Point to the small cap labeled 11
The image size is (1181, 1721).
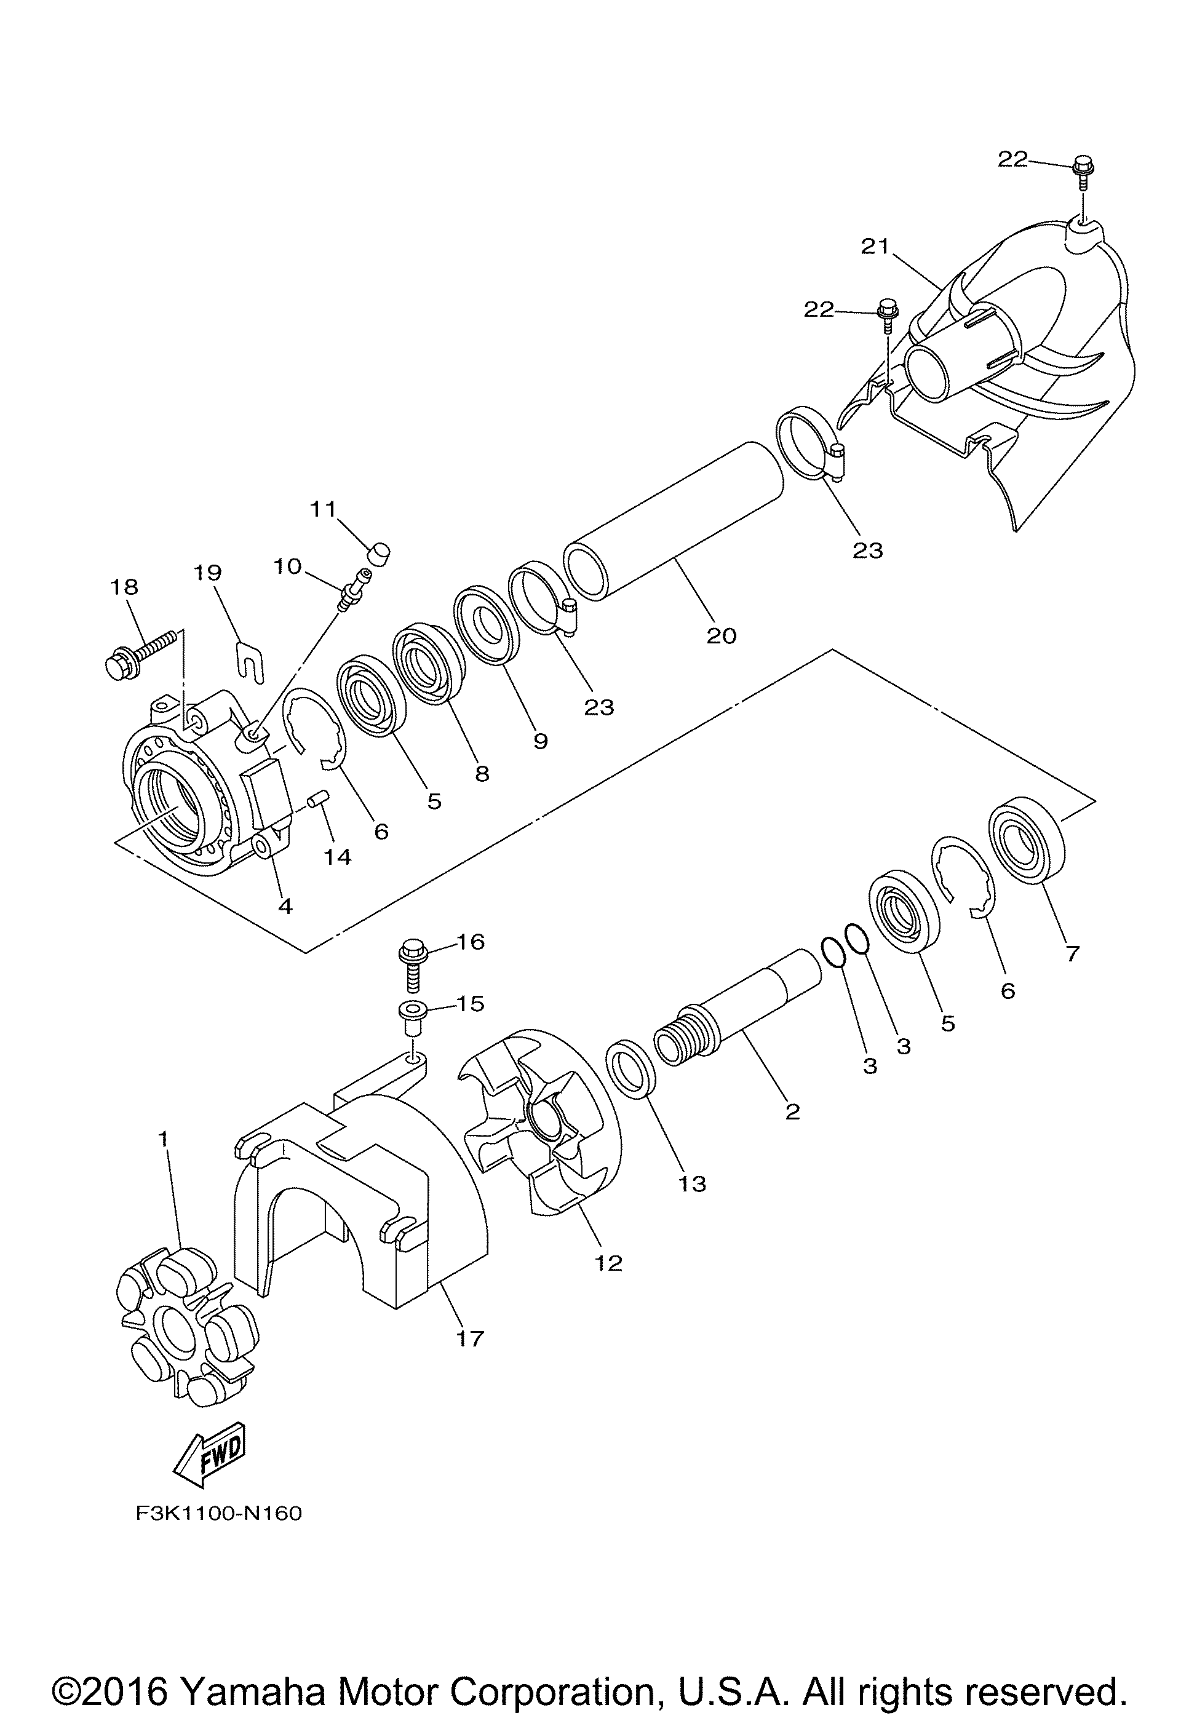coord(379,552)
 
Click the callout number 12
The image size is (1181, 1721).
coord(608,1263)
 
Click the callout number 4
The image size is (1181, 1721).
coord(285,905)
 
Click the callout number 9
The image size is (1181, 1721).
coord(541,741)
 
